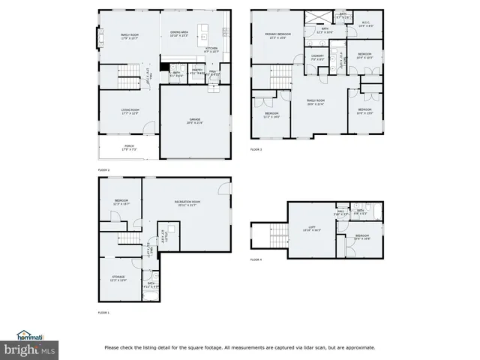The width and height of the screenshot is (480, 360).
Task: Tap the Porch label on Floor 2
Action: [130, 148]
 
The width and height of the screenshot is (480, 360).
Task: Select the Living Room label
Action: [130, 112]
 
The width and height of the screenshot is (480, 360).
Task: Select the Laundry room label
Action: [317, 56]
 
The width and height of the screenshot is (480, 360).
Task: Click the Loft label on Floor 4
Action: [310, 230]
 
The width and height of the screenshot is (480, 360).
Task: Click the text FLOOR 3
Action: [256, 149]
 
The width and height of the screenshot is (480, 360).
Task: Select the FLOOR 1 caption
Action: [103, 312]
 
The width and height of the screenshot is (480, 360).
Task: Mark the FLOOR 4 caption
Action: [256, 259]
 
